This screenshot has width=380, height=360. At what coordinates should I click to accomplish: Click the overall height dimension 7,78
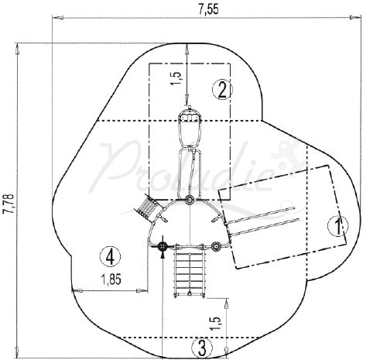point(9,203)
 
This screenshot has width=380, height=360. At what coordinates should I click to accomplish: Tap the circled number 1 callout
point(337,226)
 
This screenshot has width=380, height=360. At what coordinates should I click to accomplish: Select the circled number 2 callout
point(222,89)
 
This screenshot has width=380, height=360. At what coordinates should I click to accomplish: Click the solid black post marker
point(163,247)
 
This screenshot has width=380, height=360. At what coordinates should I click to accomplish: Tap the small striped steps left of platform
point(148,207)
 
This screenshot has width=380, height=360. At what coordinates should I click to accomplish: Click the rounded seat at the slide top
point(190,118)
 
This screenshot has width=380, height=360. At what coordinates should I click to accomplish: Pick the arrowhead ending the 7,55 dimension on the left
point(54,17)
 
